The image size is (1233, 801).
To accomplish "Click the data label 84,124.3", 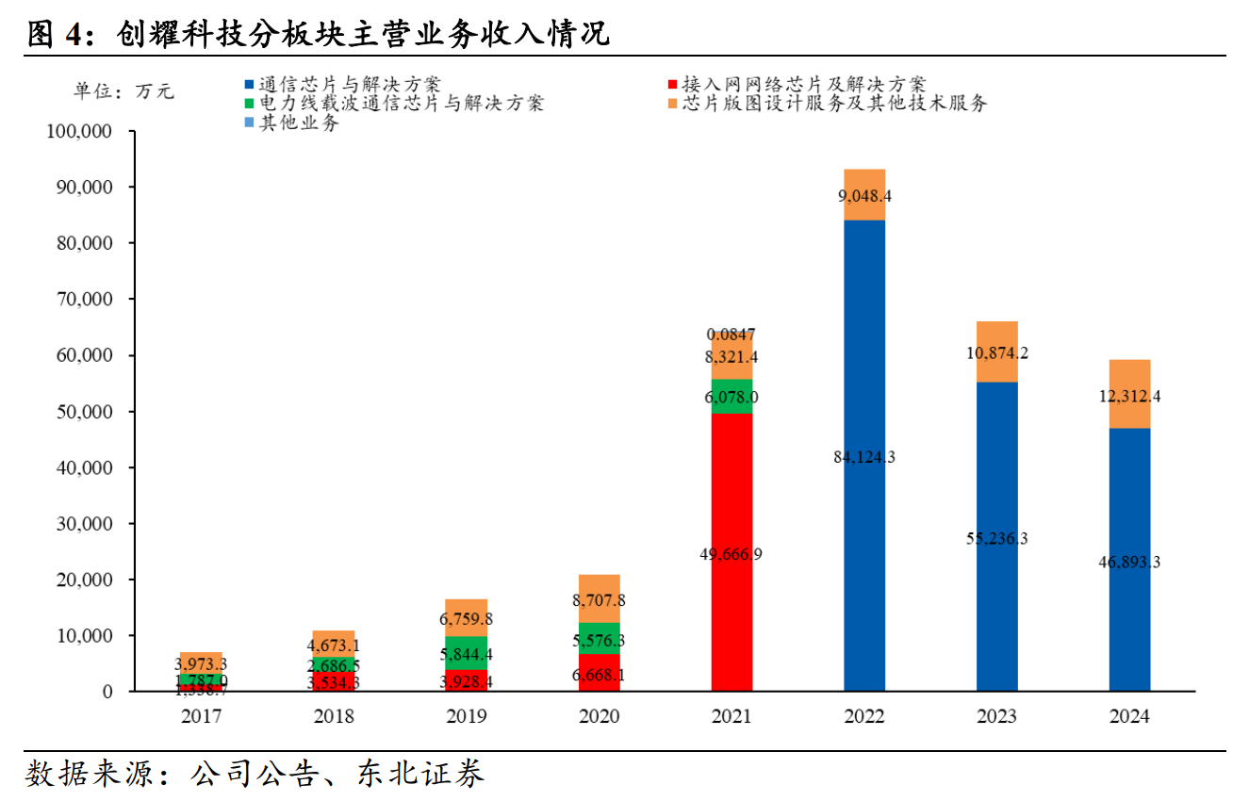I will [x=864, y=457].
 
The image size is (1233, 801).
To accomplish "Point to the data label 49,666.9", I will [x=732, y=554].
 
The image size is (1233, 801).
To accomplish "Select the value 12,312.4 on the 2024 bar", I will [x=1129, y=396].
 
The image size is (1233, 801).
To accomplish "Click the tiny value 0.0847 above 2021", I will [x=732, y=335].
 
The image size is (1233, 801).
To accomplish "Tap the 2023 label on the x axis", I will [x=997, y=717].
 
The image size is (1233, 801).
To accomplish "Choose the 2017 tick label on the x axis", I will [x=201, y=717].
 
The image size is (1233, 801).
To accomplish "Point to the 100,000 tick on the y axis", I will [x=79, y=131].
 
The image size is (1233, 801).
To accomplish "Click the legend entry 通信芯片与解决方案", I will [x=349, y=85].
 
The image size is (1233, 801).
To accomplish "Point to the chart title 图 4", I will [x=57, y=34].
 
